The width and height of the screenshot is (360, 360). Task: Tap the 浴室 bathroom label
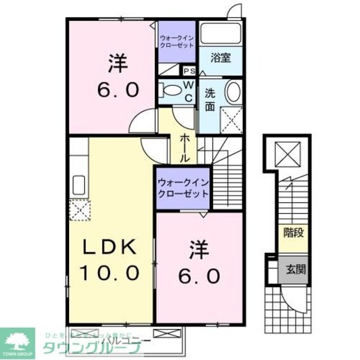coord(220,57)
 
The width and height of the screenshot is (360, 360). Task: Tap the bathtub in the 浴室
coord(221,33)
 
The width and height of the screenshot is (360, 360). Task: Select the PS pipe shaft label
coord(190,71)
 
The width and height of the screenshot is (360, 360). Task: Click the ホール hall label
coord(184,148)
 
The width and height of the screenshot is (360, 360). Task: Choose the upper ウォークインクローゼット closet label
coord(177,41)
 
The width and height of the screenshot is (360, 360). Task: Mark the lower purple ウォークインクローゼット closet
coord(183,188)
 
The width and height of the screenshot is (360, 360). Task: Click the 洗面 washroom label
coord(209,100)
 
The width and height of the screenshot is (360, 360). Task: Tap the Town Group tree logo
coord(17,340)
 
